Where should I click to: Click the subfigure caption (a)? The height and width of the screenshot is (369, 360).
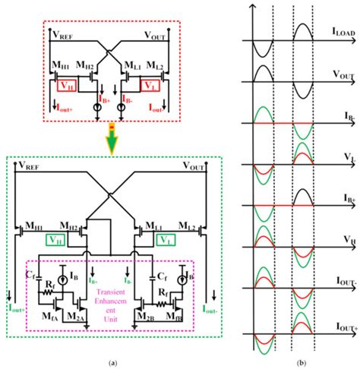113,362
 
